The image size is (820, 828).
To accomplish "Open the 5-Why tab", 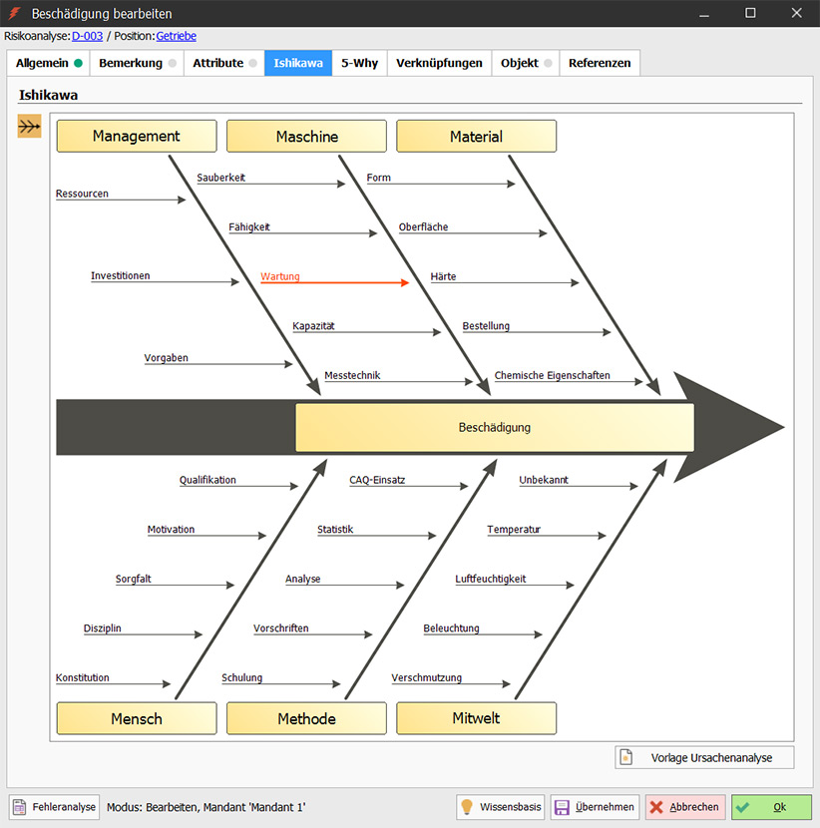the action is (359, 63).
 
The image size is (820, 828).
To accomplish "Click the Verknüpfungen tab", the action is (439, 63).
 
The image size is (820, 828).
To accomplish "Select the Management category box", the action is (137, 137).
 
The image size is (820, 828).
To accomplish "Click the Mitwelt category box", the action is (476, 718).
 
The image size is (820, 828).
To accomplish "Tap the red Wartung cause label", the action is (280, 276).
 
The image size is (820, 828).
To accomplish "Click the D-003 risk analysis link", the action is (87, 36).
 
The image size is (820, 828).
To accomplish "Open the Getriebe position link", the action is (177, 36).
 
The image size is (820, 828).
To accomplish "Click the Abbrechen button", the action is (685, 807).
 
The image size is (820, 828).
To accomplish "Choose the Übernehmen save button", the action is (595, 807).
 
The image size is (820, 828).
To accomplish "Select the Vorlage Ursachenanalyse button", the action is (704, 758).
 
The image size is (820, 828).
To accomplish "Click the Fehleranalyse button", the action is (55, 807).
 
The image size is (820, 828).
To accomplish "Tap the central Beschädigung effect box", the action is (495, 427).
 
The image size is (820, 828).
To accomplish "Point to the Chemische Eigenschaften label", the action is (553, 375).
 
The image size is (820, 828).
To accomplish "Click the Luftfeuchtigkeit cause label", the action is (491, 579).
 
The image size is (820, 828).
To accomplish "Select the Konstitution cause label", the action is (83, 677).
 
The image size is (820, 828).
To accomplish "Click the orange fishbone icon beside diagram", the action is (30, 127).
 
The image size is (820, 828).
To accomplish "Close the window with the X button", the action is (797, 13).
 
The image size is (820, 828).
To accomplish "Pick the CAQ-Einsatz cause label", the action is (377, 480).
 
